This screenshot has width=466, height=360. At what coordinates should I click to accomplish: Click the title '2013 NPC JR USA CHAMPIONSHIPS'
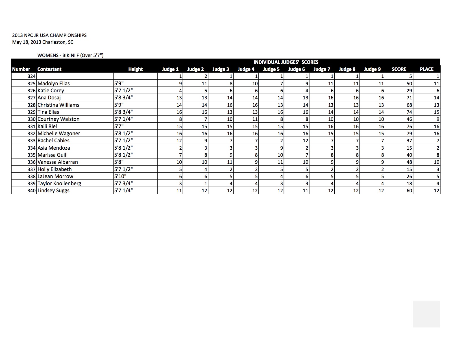[x=49, y=35]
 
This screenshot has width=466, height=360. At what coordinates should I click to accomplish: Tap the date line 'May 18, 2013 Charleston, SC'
[x=43, y=42]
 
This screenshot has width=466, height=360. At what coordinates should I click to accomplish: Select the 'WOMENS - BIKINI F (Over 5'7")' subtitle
[x=70, y=55]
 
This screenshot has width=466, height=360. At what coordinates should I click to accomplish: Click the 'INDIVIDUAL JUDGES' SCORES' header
[x=286, y=62]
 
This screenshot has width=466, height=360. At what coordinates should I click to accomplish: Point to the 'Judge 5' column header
[x=271, y=69]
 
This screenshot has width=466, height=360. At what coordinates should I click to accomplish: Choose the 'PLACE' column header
[x=426, y=69]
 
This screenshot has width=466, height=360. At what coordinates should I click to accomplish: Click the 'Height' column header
[x=135, y=69]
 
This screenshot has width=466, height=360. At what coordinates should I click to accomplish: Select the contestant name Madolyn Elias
[x=54, y=83]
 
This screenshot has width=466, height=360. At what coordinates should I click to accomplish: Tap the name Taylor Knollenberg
[x=59, y=183]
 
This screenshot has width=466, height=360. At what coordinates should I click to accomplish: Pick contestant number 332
[x=32, y=133]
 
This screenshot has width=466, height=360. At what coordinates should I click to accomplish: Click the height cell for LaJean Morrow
[x=120, y=176]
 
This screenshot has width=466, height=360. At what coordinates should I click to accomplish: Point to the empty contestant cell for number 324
[x=75, y=76]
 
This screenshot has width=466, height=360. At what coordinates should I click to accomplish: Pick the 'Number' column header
[x=21, y=69]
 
